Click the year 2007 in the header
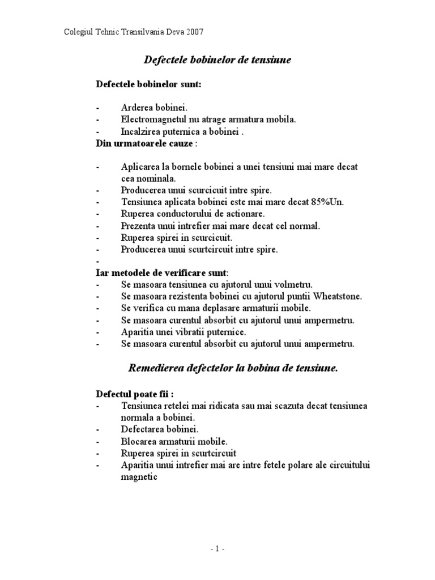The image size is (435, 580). pos(193,32)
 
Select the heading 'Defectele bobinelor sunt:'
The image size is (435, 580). pos(149,84)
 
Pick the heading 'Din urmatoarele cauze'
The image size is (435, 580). pos(144,144)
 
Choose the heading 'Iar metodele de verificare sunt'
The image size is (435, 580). pos(161,272)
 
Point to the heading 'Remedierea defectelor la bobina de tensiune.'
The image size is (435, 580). pos(233,368)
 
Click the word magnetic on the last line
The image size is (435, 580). pos(138,477)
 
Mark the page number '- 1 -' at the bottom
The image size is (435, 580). pos(217,549)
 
